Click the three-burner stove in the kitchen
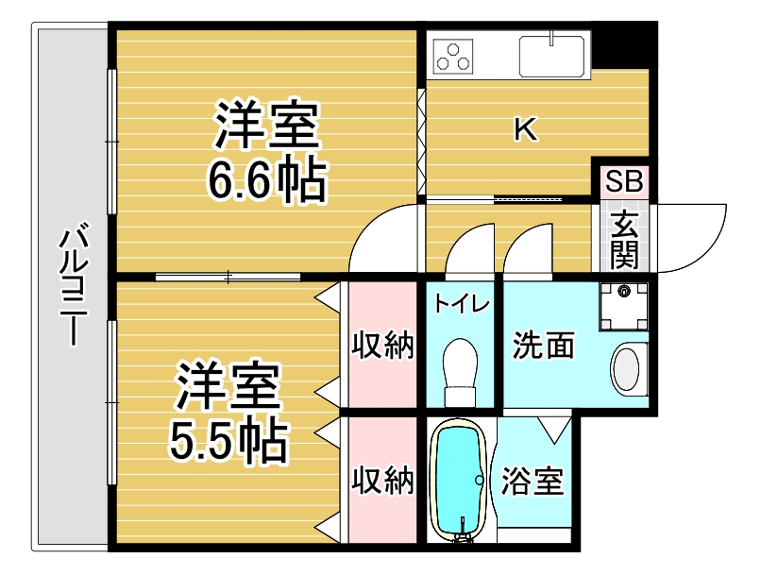pos(453,57)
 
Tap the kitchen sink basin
pos(551,57)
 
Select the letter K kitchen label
pos(526,130)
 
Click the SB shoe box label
pos(624,180)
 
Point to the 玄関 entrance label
pos(624,240)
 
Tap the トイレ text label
pos(462,304)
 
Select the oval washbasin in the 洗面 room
pos(629,370)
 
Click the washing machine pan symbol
pos(624,307)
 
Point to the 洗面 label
pos(544,345)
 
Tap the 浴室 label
pos(532,481)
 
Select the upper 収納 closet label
pos(383,345)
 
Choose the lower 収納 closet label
pos(383,480)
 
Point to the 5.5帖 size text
pos(228,441)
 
